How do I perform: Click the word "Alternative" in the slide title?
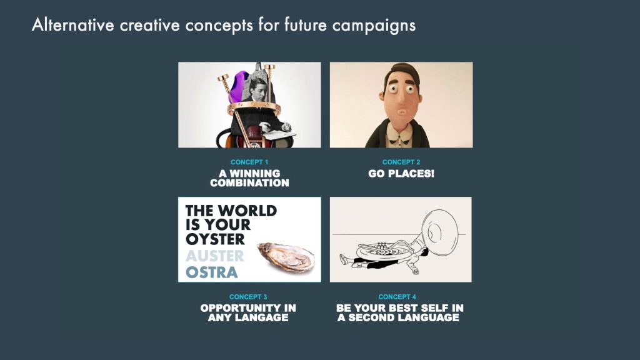(73, 24)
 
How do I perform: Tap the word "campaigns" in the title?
(374, 26)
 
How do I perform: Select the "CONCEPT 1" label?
(249, 162)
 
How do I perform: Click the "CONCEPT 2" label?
(401, 162)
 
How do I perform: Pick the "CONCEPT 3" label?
(248, 297)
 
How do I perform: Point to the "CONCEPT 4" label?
(397, 297)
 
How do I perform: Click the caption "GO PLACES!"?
(401, 174)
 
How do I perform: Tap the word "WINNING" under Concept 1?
(255, 174)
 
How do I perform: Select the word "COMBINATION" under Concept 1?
(249, 183)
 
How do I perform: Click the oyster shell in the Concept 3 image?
(286, 257)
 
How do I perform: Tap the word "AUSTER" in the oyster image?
(215, 256)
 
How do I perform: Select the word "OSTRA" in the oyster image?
(211, 272)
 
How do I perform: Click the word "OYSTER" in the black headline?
(215, 239)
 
